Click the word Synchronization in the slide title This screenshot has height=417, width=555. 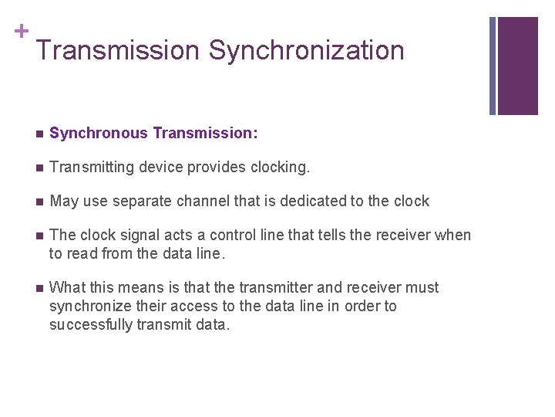click(306, 51)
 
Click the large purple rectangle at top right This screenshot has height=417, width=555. click(517, 66)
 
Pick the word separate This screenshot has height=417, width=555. click(142, 202)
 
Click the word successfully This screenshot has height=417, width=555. click(91, 324)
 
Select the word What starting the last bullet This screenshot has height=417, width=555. click(66, 287)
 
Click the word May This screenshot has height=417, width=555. click(63, 202)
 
